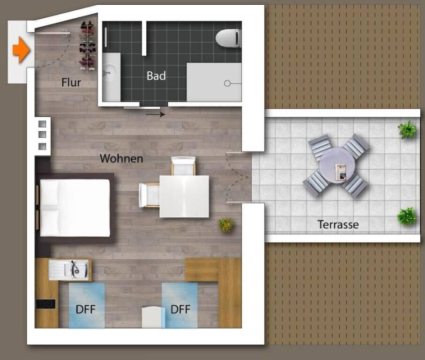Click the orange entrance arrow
click(21, 50)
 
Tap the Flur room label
click(71, 82)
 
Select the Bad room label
click(156, 76)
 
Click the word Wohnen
click(121, 158)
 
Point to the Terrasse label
click(338, 225)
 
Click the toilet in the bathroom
click(228, 38)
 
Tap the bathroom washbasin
click(111, 73)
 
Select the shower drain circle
click(227, 83)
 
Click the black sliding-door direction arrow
click(155, 114)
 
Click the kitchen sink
click(69, 270)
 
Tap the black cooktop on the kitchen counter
click(45, 304)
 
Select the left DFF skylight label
click(86, 309)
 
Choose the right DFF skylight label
click(180, 309)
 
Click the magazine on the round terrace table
click(341, 172)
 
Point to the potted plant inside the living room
click(225, 225)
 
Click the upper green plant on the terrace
click(407, 130)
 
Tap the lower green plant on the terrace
click(407, 216)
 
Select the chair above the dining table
click(183, 166)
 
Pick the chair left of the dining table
click(149, 195)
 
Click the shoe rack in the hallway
click(87, 46)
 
